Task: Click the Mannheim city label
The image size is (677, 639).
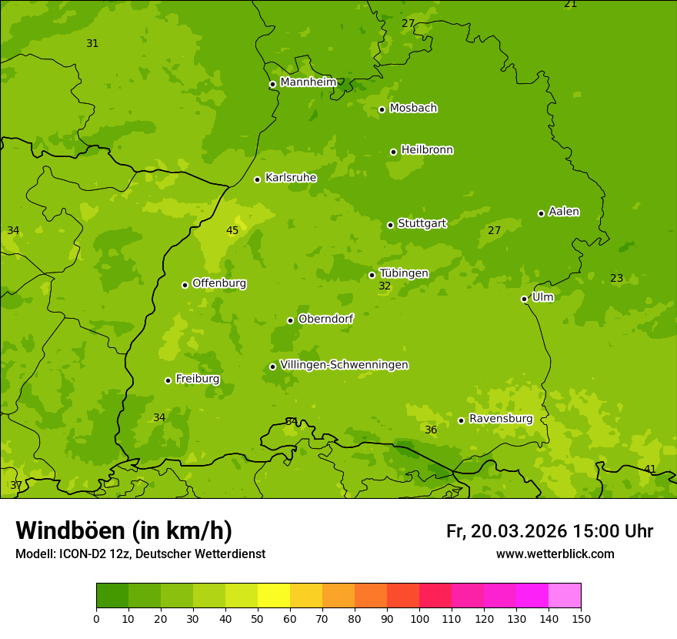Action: click(308, 82)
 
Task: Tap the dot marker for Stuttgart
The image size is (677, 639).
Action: click(391, 225)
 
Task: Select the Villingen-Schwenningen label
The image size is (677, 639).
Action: click(344, 365)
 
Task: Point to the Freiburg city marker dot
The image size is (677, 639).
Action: click(168, 380)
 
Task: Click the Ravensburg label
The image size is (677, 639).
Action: click(501, 419)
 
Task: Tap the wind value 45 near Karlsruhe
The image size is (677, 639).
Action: click(232, 230)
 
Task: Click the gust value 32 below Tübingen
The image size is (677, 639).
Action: click(385, 286)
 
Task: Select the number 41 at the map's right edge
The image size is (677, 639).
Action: click(650, 469)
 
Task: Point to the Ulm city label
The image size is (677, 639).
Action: click(542, 297)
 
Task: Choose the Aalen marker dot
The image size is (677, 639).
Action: click(541, 213)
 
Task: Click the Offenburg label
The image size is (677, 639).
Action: click(219, 283)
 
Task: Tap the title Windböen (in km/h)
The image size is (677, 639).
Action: click(124, 530)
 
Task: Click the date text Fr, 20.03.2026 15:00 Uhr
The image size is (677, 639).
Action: click(549, 531)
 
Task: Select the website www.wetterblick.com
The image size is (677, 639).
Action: click(555, 554)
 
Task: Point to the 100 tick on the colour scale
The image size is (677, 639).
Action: click(419, 618)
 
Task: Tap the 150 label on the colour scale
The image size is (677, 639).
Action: click(581, 618)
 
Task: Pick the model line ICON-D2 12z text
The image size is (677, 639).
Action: click(140, 554)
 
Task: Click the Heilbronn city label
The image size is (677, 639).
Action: click(427, 150)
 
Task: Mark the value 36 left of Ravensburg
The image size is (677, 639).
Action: click(431, 430)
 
